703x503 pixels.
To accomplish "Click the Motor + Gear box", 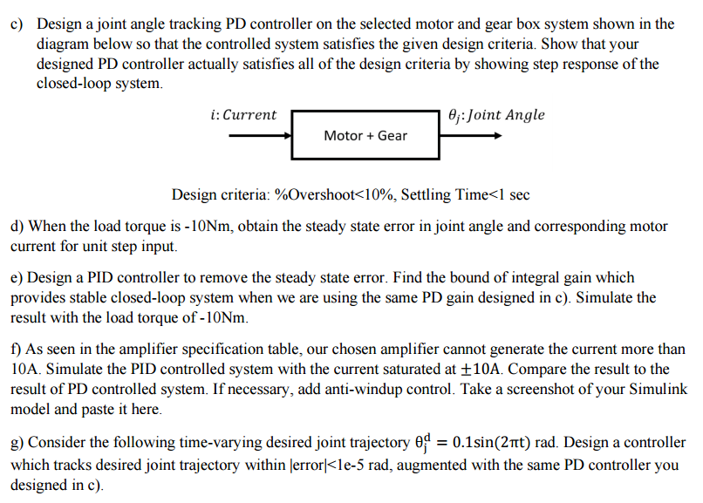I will point(365,135).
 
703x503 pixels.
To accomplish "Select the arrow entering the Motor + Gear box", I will point(260,136).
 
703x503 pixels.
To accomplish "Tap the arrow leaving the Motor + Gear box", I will point(471,136).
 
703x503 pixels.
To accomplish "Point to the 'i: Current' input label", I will point(243,115).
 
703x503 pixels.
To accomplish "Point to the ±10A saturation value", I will point(482,369).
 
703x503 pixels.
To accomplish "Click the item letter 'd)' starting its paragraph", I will point(17,227).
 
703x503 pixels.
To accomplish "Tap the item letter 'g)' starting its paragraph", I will point(17,443).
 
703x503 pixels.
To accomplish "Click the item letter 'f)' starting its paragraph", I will point(16,348).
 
